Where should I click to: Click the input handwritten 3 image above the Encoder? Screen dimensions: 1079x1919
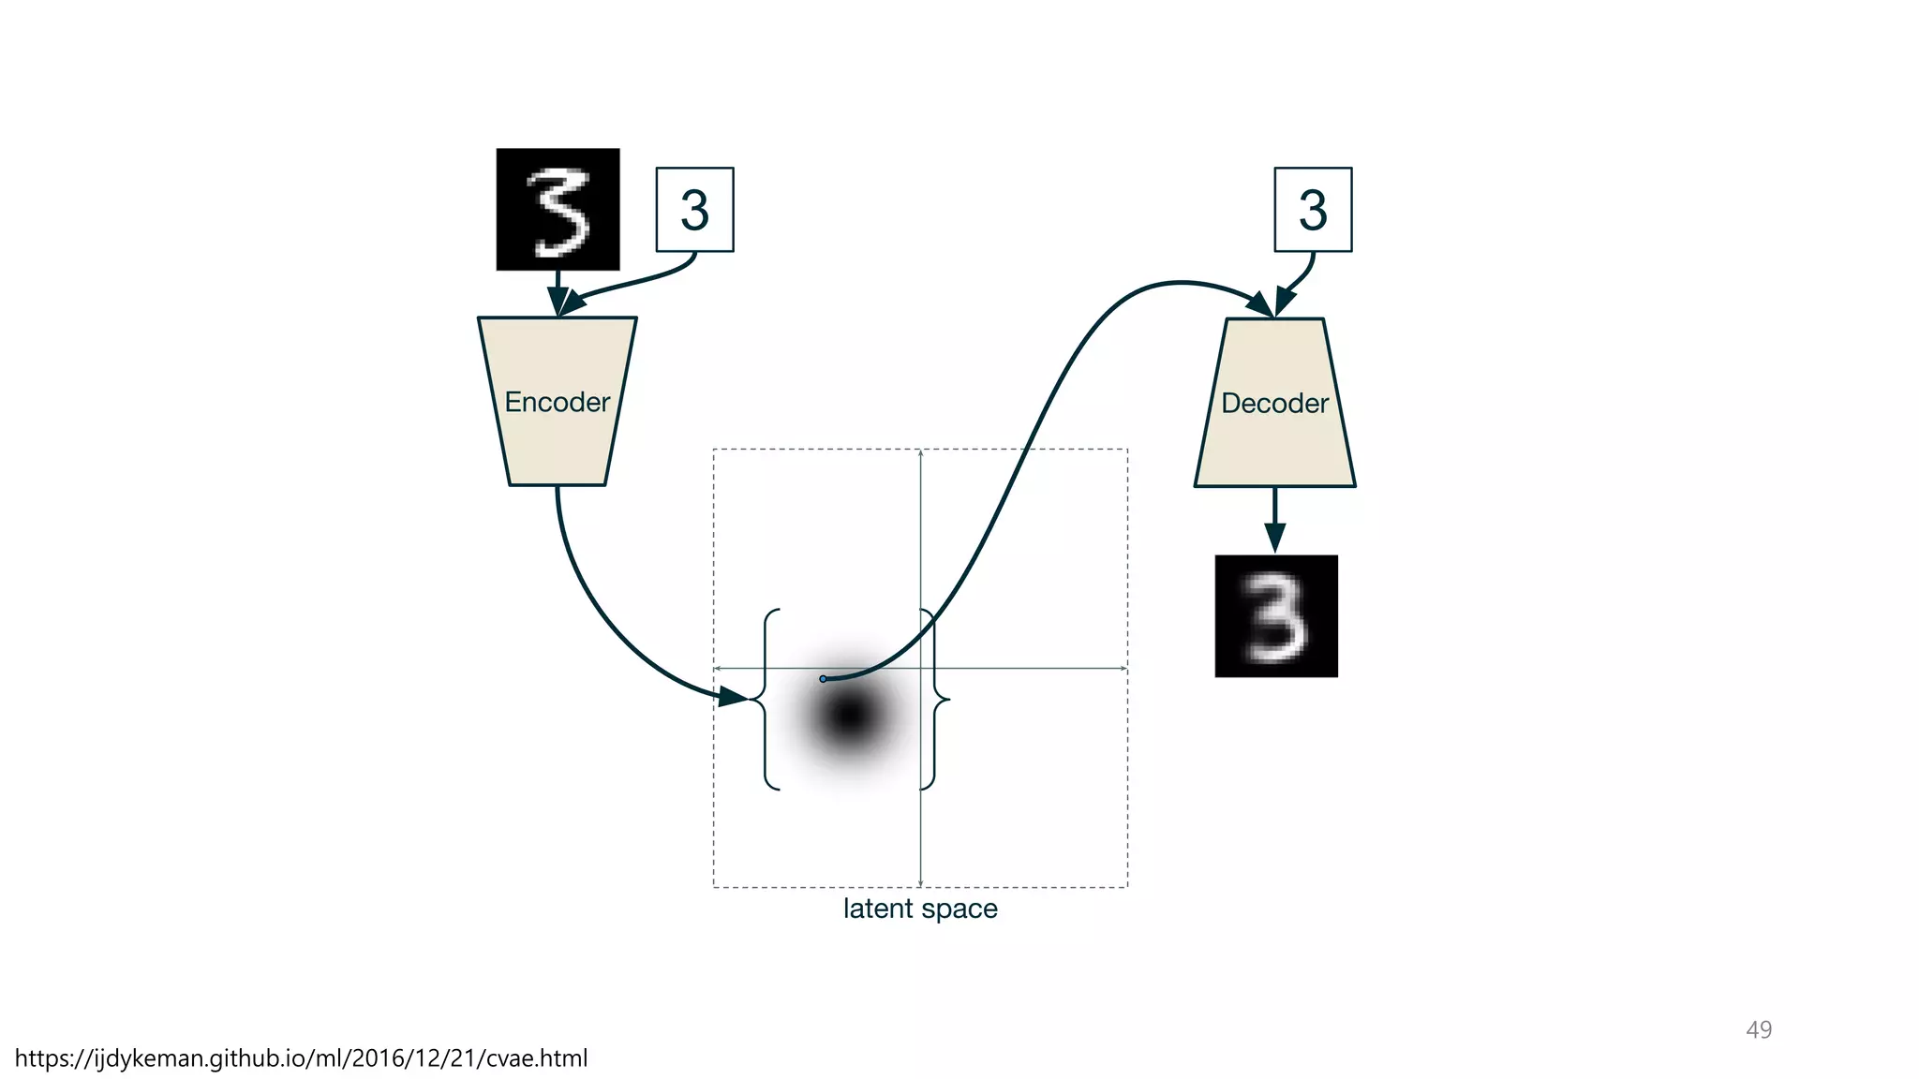coord(558,209)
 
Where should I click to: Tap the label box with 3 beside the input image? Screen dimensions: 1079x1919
coord(694,210)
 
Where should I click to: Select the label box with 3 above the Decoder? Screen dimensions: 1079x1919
coord(1313,210)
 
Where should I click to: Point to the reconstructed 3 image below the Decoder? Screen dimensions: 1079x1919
coord(1276,616)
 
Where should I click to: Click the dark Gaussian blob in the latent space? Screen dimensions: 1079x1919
coord(849,716)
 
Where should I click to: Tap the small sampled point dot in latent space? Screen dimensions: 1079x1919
coord(823,678)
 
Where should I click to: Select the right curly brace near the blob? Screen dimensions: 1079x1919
coord(934,699)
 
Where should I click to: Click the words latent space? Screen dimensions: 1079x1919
coord(920,909)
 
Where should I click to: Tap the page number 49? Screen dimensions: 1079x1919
coord(1759,1029)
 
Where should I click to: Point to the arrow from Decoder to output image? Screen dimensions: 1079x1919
coord(1274,521)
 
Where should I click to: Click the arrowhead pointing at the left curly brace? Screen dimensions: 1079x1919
coord(733,697)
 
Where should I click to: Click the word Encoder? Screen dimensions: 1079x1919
coord(558,402)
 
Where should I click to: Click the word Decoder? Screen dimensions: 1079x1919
coord(1274,403)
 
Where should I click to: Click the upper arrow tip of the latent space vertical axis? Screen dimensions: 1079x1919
coord(921,453)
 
